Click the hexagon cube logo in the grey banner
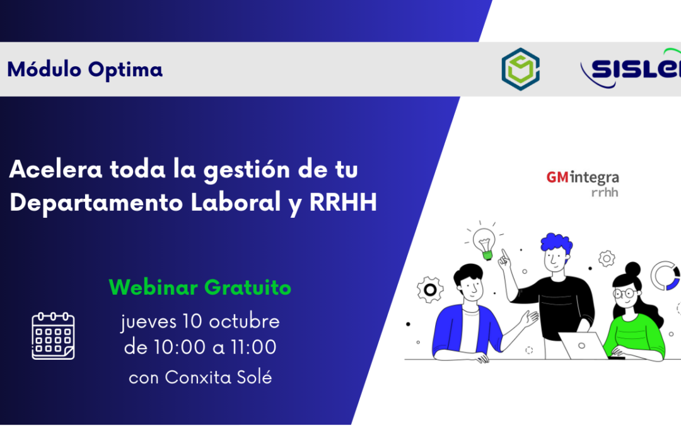click(x=520, y=69)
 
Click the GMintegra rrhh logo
click(x=583, y=184)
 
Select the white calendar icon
click(x=54, y=336)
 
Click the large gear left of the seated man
click(x=430, y=290)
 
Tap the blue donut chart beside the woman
click(x=665, y=276)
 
